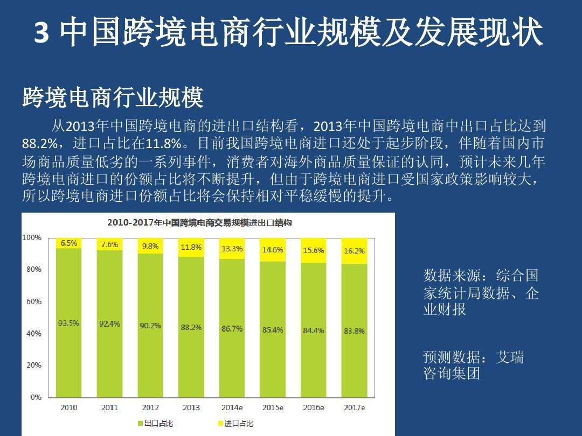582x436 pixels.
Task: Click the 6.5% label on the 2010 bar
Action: tap(69, 243)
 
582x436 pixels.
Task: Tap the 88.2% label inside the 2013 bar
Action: tap(191, 327)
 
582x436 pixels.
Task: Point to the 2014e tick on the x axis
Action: tap(232, 407)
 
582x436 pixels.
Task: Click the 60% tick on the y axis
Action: tap(33, 301)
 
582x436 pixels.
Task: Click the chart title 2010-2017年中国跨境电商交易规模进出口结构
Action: tap(199, 222)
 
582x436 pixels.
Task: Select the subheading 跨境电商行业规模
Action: tap(113, 98)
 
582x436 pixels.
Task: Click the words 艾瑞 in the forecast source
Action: tap(509, 357)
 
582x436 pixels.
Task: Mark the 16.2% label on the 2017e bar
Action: tap(354, 251)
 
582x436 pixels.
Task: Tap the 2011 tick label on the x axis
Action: tap(109, 407)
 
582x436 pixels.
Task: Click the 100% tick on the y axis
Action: tap(32, 237)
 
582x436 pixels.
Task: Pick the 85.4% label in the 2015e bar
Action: tap(273, 330)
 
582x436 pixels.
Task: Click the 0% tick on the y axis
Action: tap(36, 397)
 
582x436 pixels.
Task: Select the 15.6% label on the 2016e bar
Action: tap(314, 250)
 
